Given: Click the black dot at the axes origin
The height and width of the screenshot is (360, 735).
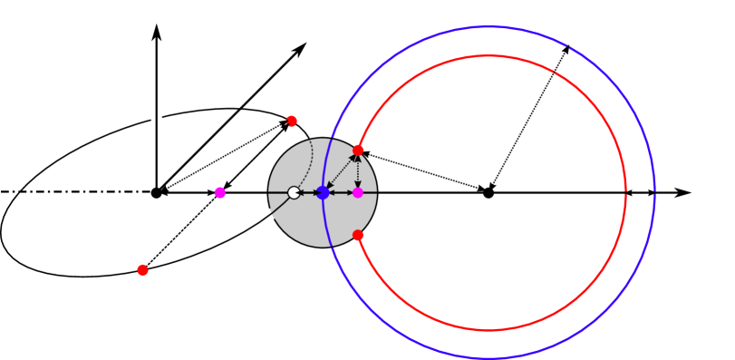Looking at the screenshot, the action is [156, 192].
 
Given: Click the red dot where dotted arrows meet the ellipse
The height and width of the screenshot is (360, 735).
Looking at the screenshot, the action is [292, 121].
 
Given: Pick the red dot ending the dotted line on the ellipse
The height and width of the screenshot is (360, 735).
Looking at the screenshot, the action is [142, 270].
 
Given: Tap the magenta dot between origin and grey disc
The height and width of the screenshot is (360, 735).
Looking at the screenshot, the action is [220, 192].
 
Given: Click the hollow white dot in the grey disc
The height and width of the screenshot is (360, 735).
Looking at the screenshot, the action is [293, 192].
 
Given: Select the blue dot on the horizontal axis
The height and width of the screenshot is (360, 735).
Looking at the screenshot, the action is [323, 192].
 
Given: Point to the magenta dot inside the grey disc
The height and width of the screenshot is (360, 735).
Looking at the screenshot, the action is [358, 192].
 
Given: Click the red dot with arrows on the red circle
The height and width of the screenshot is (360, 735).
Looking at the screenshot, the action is [358, 150].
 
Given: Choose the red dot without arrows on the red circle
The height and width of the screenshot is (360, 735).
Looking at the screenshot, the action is [358, 235].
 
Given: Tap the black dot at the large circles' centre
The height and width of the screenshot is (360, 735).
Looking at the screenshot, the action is [488, 192].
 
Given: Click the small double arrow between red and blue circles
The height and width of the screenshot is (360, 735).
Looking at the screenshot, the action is [641, 192].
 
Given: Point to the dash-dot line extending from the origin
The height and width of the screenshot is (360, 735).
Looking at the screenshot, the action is [73, 192].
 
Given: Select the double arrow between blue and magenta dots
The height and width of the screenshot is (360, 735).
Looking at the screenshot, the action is [341, 192].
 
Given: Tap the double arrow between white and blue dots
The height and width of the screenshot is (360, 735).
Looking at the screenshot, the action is [308, 192].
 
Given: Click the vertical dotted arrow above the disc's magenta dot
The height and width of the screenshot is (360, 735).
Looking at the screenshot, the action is [358, 171].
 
